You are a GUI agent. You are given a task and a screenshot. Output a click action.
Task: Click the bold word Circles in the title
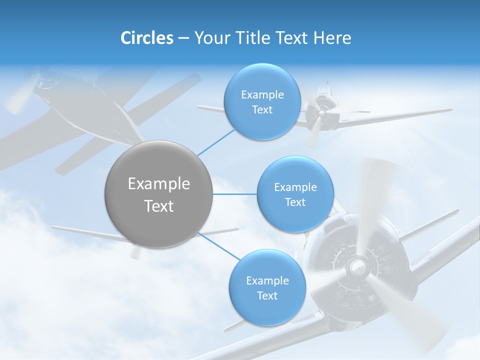point(147,38)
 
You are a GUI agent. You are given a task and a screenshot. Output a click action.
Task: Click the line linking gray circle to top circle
point(216,141)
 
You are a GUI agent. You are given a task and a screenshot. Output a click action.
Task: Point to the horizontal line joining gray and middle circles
point(234,194)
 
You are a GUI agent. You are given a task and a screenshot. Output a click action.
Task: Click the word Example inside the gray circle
point(159,184)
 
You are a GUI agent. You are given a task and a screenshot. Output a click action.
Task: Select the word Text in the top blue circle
point(262,110)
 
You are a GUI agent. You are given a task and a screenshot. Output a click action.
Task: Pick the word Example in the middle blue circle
point(295,187)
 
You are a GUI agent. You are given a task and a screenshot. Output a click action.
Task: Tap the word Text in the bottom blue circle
point(267,295)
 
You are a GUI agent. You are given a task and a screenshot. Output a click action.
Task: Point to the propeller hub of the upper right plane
point(321,113)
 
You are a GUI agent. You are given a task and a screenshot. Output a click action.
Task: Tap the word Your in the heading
point(211,38)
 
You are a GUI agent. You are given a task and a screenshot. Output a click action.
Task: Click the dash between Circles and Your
point(183,38)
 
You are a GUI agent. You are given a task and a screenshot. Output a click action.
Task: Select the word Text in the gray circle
point(159,206)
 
